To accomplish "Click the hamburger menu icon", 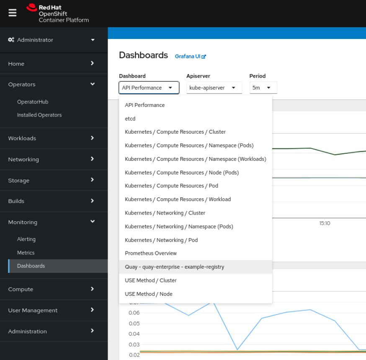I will click(13, 13).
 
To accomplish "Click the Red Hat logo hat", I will click(31, 8).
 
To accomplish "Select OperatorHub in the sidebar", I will click(33, 102).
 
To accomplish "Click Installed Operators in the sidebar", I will click(39, 115).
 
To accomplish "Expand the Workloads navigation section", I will click(54, 138).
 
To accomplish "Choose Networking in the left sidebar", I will click(54, 159).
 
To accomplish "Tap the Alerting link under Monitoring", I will click(26, 239).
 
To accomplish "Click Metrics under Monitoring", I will click(26, 253).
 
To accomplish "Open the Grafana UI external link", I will click(191, 56).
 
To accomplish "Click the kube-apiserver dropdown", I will click(214, 88).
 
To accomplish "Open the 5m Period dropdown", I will click(263, 88).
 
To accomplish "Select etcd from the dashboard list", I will click(130, 119).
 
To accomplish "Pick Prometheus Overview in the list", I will click(151, 253).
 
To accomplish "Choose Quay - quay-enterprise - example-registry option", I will click(175, 267).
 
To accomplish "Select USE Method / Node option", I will click(149, 294).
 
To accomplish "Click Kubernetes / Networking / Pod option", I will click(161, 240).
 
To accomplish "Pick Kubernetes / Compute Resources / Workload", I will click(178, 199).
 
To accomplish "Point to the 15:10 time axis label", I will click(325, 223).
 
